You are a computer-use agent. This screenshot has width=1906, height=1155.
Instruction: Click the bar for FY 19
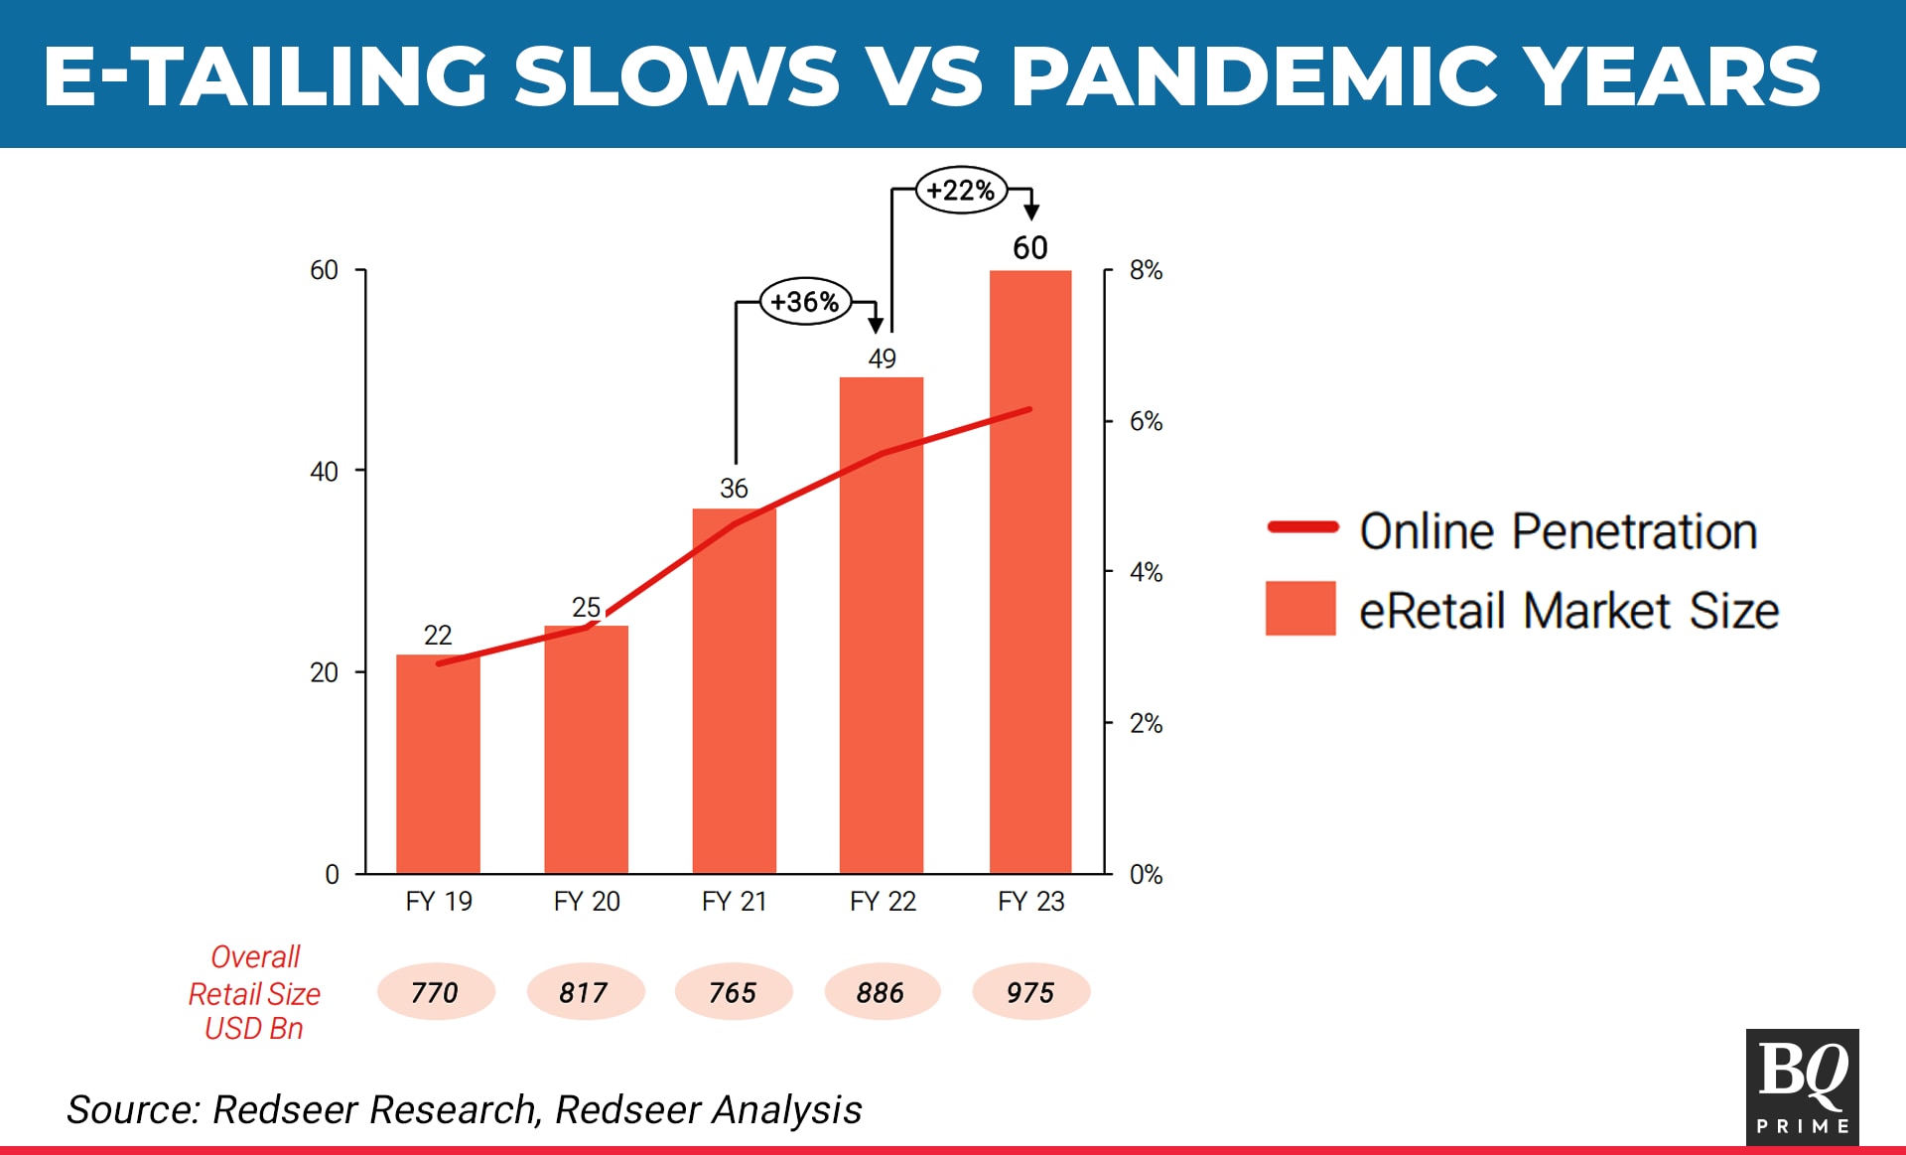[438, 764]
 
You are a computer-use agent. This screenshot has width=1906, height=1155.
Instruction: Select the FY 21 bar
[735, 691]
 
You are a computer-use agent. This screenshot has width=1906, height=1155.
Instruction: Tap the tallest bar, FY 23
[1030, 572]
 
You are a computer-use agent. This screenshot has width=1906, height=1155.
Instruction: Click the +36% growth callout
[805, 301]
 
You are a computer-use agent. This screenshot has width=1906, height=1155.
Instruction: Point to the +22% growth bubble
[961, 190]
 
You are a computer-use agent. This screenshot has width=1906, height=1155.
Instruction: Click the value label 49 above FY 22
[882, 359]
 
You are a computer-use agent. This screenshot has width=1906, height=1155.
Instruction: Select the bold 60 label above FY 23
[1030, 247]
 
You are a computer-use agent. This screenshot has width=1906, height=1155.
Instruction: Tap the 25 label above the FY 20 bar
[586, 607]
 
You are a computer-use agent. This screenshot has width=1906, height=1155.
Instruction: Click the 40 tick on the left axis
[324, 471]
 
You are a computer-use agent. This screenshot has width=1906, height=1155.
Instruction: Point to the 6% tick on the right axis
[1146, 421]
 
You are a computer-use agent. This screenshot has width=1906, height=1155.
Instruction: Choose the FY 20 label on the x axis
[587, 901]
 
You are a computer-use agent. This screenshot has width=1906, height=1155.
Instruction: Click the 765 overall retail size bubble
[734, 992]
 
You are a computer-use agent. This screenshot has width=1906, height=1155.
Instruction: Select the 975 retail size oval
[1031, 992]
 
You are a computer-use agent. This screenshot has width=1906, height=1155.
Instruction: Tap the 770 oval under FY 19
[436, 992]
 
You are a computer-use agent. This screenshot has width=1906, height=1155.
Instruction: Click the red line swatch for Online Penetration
[1302, 527]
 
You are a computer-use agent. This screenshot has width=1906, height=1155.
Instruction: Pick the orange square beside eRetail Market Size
[1300, 608]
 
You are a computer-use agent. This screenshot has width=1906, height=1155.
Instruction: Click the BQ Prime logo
[1803, 1086]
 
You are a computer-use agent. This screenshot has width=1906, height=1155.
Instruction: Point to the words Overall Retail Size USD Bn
[254, 992]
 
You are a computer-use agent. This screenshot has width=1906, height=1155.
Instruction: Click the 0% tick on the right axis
[1146, 874]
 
